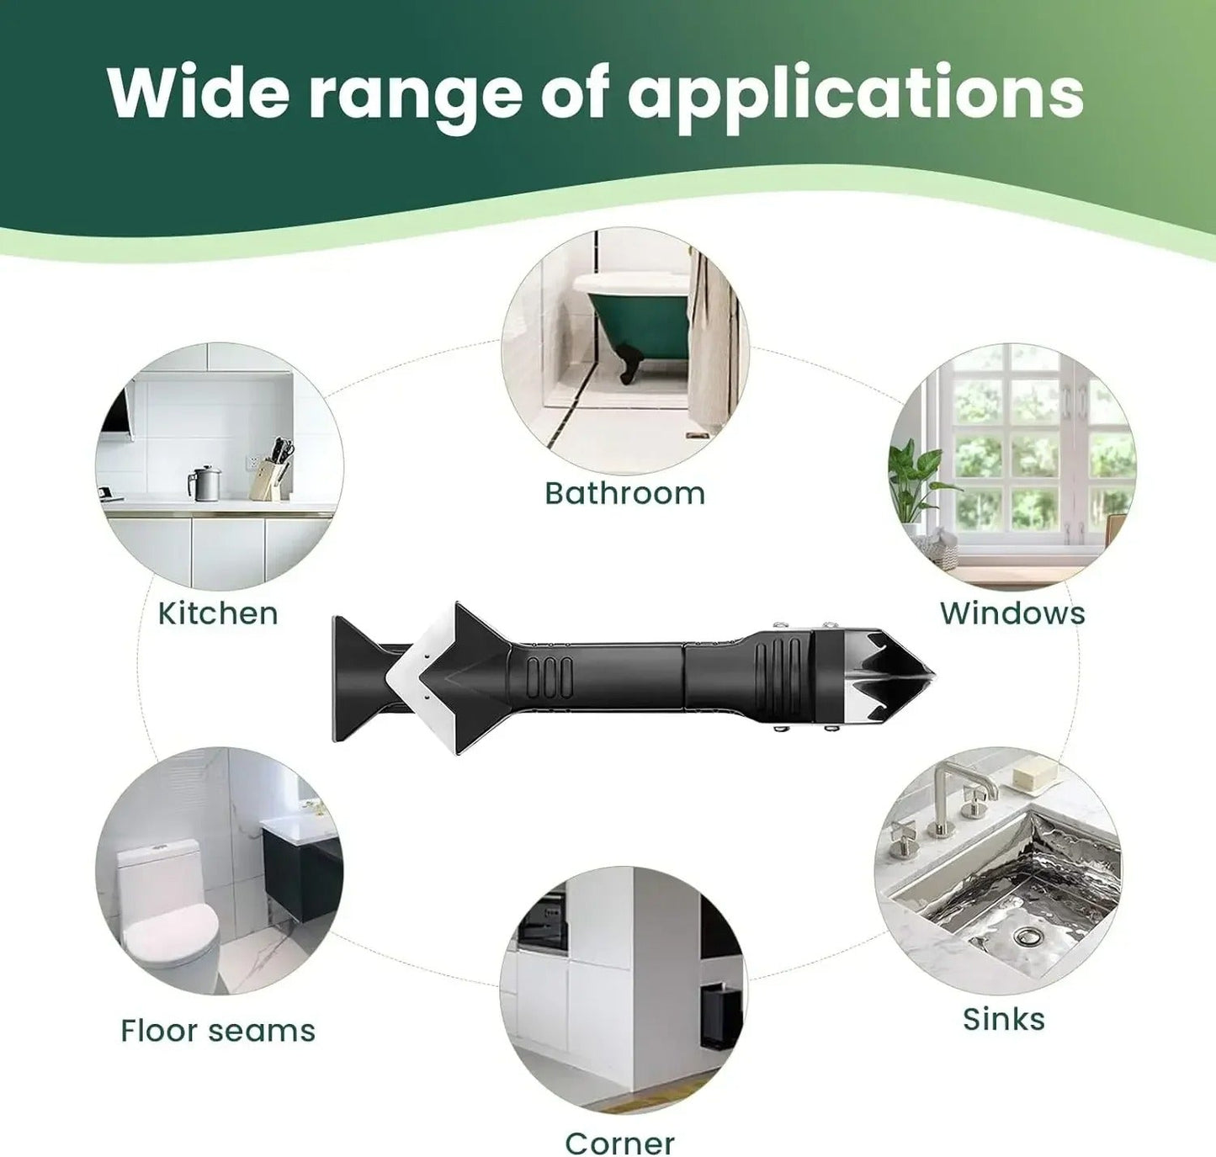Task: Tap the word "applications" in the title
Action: pyautogui.click(x=856, y=98)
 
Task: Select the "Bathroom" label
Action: pyautogui.click(x=624, y=494)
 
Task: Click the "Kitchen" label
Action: pyautogui.click(x=218, y=613)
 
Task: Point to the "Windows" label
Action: pyautogui.click(x=1013, y=613)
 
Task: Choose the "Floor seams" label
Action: pyautogui.click(x=218, y=1031)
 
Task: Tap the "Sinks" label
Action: pyautogui.click(x=1004, y=1019)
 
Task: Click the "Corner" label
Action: pyautogui.click(x=619, y=1144)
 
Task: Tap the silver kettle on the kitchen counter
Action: pyautogui.click(x=205, y=483)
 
